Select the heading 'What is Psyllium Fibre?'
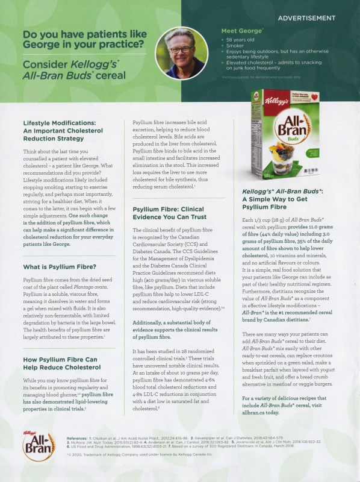pyautogui.click(x=60, y=267)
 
